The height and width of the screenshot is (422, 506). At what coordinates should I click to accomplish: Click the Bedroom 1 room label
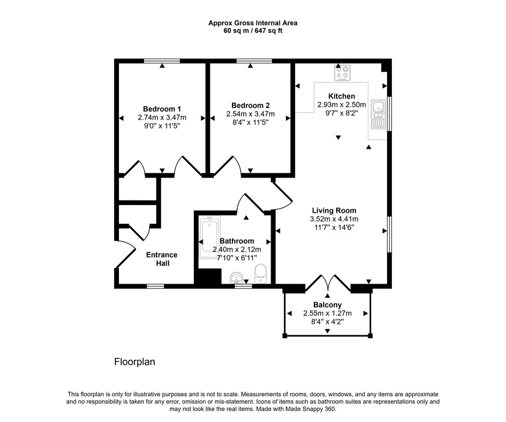coord(162,109)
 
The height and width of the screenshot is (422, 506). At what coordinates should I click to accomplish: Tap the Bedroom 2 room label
coord(250,105)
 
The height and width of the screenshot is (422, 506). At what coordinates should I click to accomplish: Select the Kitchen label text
coord(341,96)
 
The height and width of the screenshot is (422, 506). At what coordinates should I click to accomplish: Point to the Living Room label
coord(334,210)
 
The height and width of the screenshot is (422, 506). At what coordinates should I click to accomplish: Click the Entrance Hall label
coord(162,259)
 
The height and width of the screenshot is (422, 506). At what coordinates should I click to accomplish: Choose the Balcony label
coord(327,305)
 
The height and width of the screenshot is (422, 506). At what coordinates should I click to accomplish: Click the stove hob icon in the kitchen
coord(343,73)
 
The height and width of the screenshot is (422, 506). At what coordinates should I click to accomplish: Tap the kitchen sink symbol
coord(378,114)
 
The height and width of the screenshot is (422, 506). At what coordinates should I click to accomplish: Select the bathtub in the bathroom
coord(208,238)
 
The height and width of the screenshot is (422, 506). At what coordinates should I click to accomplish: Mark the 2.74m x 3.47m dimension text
coord(162,117)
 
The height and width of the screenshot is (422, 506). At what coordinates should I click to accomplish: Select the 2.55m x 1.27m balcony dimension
coord(327,314)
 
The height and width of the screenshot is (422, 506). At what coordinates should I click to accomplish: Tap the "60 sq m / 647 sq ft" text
coord(253,31)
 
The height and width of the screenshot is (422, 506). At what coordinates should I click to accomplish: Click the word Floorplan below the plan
coord(134,362)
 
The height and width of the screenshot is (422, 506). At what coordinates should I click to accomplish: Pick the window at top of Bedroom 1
coord(162,60)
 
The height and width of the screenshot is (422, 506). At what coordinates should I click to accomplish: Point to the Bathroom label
coord(237,241)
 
